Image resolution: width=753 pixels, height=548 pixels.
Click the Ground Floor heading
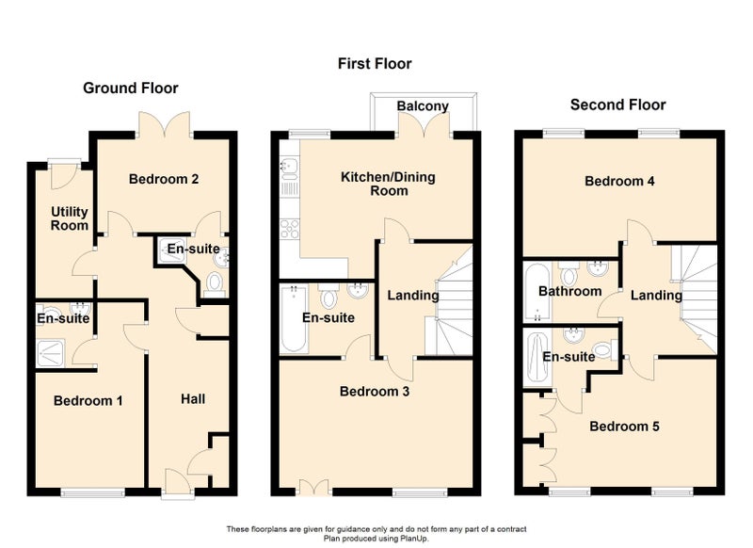(x=131, y=88)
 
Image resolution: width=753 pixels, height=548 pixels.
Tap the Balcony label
(x=423, y=105)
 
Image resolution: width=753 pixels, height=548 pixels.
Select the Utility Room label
(x=70, y=218)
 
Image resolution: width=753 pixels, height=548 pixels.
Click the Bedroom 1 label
(x=88, y=400)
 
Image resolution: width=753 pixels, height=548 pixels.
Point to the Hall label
(x=193, y=399)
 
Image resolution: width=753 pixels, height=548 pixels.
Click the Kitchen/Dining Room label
(x=388, y=184)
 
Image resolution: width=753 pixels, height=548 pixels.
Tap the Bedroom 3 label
(x=375, y=392)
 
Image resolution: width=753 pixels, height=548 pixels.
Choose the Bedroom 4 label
(x=619, y=181)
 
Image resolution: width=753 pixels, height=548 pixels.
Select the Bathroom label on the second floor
(x=570, y=291)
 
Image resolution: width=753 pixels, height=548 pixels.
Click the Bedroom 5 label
(x=624, y=427)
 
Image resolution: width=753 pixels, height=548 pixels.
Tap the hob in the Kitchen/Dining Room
(x=290, y=229)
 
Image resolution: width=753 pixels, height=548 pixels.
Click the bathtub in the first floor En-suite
(x=294, y=319)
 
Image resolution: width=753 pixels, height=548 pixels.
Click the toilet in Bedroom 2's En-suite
(x=215, y=283)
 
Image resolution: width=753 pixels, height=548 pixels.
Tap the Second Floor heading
(x=618, y=105)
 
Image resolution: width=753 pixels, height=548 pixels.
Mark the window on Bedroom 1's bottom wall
(x=92, y=492)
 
